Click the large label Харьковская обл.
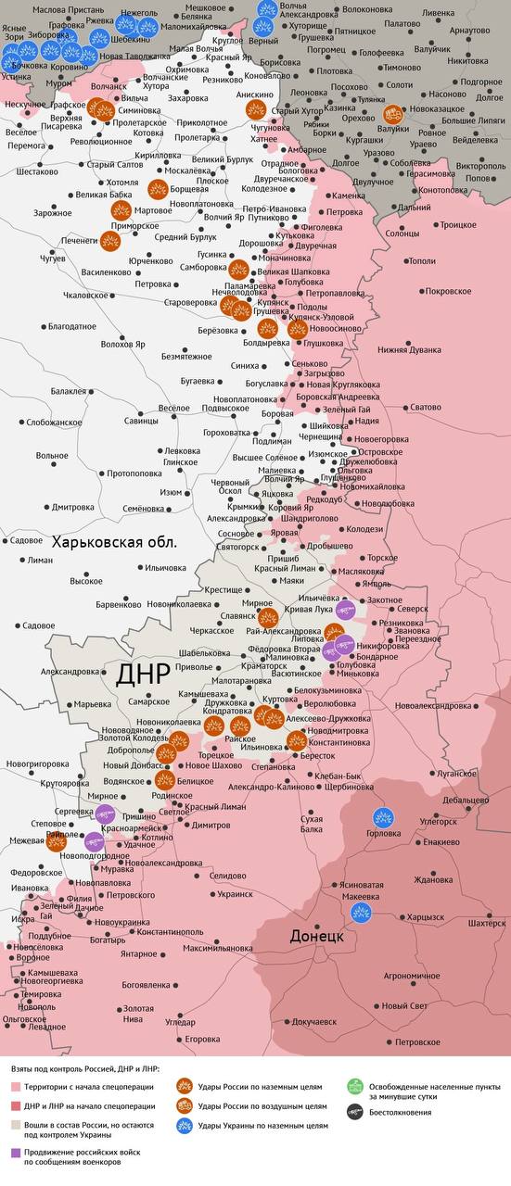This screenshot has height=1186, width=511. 114,542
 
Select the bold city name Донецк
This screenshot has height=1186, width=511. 317,936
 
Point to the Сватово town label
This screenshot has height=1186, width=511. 426,407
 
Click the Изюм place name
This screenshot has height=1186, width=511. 171,491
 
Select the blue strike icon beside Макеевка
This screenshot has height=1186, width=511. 361,912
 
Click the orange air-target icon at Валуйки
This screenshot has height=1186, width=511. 393,115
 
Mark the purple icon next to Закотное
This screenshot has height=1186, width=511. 346,608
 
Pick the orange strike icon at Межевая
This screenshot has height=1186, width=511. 56,841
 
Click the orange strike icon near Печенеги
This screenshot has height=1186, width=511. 109,241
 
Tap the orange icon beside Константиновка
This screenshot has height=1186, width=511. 296,739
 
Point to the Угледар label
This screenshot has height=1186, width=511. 180,1023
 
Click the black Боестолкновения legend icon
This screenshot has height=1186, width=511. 352,1112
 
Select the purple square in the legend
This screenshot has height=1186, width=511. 16,1153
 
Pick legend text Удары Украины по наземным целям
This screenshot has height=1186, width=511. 262,1125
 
